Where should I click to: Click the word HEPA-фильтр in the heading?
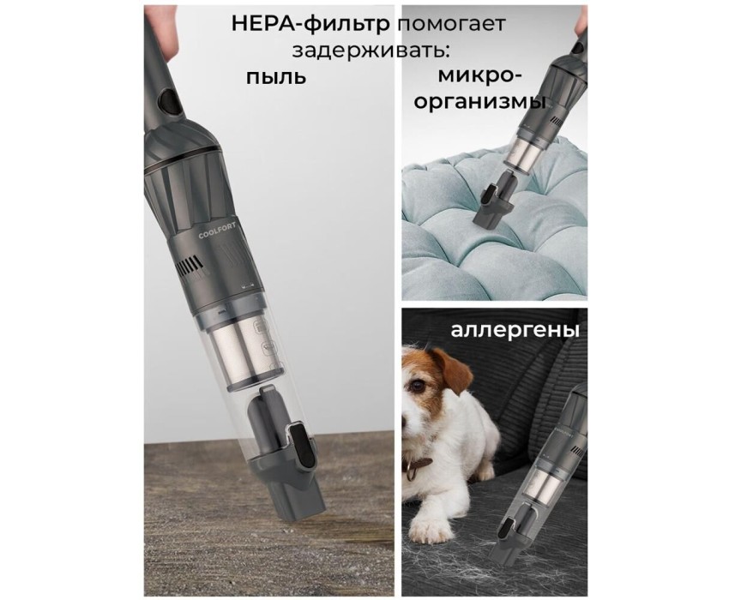310,24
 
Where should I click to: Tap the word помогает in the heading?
451,25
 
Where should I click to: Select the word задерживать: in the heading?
371,51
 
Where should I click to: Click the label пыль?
276,77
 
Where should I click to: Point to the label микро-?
479,75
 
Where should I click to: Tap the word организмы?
479,102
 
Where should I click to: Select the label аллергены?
515,331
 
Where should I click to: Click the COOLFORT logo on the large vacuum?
217,231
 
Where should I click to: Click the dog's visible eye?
417,385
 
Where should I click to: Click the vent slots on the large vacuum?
190,267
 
